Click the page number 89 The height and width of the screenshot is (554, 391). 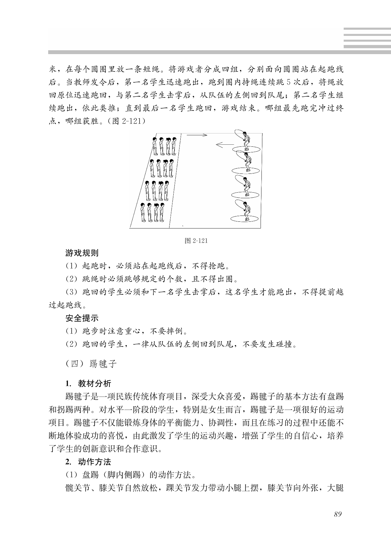[338, 514]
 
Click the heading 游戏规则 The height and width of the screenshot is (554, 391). [82, 253]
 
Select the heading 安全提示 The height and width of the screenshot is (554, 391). [82, 318]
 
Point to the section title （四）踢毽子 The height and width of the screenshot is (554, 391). [91, 364]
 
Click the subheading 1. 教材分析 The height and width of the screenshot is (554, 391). [88, 383]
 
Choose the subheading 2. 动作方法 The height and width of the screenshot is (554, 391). [88, 462]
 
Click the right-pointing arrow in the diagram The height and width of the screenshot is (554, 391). [197, 135]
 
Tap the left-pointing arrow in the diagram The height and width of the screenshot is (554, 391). [224, 144]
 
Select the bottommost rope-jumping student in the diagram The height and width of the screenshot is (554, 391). [246, 210]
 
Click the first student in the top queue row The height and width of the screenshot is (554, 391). [155, 146]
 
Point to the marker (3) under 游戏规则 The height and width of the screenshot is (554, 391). [71, 292]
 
